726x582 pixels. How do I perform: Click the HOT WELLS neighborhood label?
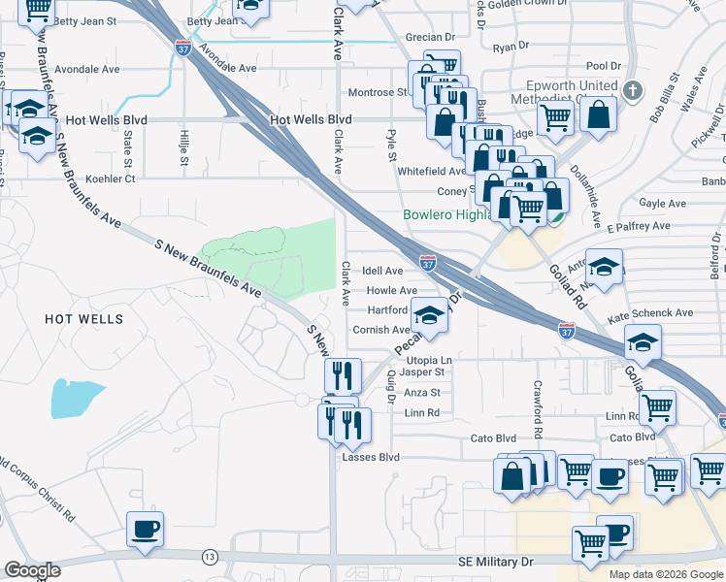pyautogui.click(x=82, y=318)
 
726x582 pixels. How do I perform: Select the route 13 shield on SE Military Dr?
pyautogui.click(x=210, y=557)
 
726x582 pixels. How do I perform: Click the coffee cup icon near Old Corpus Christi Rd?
pyautogui.click(x=145, y=530)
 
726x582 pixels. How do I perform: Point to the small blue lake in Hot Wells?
pyautogui.click(x=76, y=398)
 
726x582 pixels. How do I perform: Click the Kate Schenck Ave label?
pyautogui.click(x=649, y=313)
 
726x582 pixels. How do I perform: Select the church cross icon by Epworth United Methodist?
pyautogui.click(x=632, y=91)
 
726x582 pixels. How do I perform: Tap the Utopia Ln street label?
pyautogui.click(x=430, y=360)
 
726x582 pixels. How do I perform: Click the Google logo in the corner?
pyautogui.click(x=32, y=570)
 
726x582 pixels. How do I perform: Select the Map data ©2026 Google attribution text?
pyautogui.click(x=666, y=574)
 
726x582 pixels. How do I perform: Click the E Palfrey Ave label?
pyautogui.click(x=639, y=226)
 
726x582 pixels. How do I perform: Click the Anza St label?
pyautogui.click(x=421, y=393)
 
